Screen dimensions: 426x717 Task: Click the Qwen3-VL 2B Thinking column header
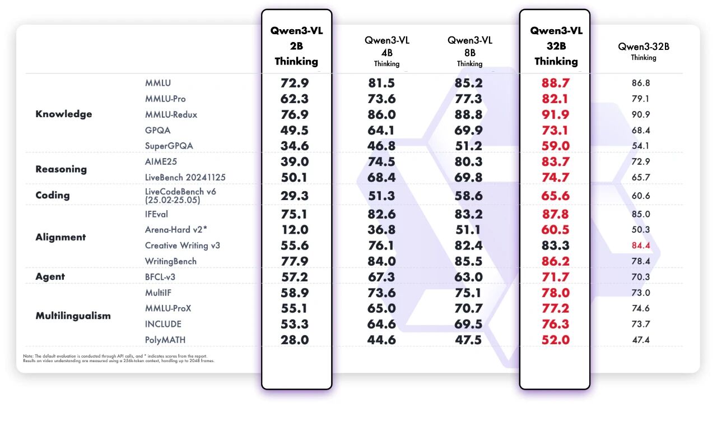296,46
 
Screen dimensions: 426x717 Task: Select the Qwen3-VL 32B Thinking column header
556,46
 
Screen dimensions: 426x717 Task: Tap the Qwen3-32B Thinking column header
644,51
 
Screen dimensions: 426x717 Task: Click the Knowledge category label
63,114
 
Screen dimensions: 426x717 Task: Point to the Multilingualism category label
73,316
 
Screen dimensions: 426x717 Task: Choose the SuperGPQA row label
169,146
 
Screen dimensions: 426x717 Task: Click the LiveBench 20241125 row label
185,177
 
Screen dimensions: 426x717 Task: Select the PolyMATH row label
165,340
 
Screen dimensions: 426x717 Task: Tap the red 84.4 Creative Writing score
640,246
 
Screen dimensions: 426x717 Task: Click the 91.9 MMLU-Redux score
555,114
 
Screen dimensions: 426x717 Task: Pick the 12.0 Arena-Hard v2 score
295,230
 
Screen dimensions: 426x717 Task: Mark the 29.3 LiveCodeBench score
295,196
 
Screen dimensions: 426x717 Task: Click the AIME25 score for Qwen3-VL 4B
381,161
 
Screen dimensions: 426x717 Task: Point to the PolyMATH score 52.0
555,340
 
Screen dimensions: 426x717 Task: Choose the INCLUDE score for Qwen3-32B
640,324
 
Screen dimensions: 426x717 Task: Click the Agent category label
50,276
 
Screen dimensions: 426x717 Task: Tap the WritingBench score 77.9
295,261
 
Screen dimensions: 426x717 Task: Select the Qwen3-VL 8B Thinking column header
469,51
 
